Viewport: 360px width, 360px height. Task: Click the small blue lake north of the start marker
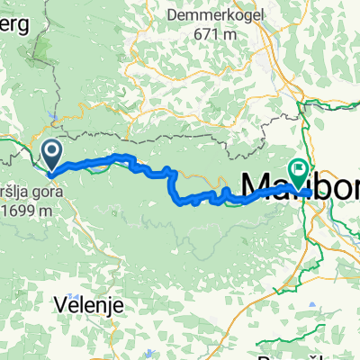57,117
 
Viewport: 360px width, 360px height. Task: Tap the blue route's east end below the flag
309,192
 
